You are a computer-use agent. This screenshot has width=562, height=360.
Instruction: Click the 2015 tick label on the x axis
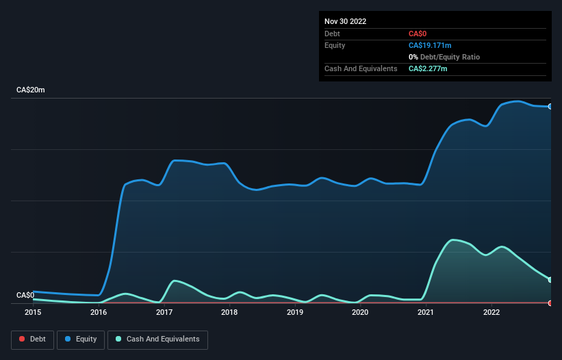(33, 313)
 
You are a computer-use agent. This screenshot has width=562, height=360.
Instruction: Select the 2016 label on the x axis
(99, 313)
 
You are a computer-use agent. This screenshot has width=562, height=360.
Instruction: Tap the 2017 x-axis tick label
(164, 313)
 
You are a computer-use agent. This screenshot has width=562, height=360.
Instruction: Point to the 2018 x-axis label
(229, 313)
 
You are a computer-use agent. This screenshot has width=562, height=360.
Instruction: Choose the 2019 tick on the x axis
(295, 313)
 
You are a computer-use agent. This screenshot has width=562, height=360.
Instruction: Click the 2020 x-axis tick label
(360, 313)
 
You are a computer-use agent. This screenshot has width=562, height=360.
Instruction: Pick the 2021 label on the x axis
(426, 313)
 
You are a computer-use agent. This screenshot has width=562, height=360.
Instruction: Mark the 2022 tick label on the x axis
(491, 313)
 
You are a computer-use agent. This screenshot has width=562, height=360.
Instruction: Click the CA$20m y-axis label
(30, 90)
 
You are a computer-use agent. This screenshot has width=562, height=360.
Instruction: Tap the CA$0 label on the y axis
(25, 295)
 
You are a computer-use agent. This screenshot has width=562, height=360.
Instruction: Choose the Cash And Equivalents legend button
(157, 339)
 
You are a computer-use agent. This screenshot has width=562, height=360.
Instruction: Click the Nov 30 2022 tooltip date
(346, 21)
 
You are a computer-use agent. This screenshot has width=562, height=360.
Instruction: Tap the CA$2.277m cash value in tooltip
(428, 68)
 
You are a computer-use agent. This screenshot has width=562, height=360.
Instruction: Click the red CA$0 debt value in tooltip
(418, 34)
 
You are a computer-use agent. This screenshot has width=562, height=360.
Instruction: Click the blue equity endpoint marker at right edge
(550, 106)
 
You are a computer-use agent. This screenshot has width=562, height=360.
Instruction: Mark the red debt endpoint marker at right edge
(550, 303)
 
